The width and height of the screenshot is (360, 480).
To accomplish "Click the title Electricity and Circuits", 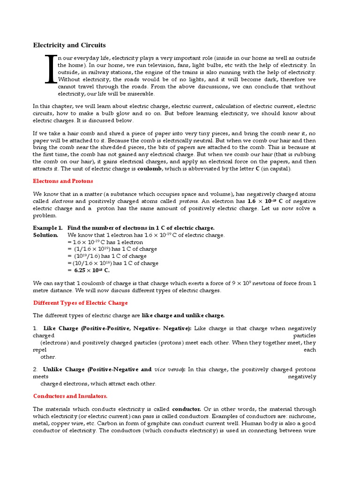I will [x=69, y=45].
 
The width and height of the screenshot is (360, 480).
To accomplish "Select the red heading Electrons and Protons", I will [x=63, y=181].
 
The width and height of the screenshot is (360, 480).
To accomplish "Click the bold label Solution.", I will [x=45, y=235].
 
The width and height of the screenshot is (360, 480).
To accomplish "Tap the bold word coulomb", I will [x=151, y=169].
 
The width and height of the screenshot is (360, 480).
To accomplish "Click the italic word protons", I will [x=177, y=201].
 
